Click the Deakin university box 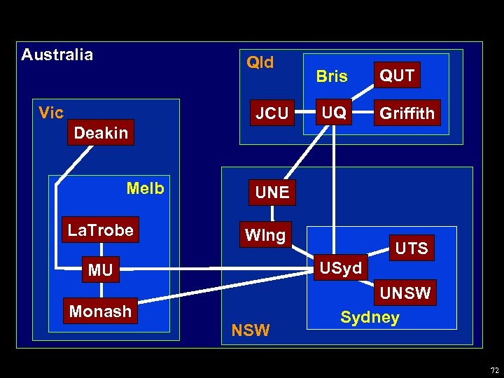(101, 133)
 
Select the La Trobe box (101, 230)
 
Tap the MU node (101, 270)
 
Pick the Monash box (100, 311)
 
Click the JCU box (272, 113)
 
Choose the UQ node (334, 113)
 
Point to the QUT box (397, 75)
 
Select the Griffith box (407, 113)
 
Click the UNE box (272, 192)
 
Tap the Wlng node (265, 235)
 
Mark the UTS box (412, 248)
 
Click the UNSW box (405, 293)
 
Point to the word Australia (57, 55)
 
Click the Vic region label (52, 113)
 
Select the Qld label (260, 62)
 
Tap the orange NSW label (250, 330)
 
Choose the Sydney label (370, 317)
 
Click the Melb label (146, 188)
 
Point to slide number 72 (495, 370)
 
